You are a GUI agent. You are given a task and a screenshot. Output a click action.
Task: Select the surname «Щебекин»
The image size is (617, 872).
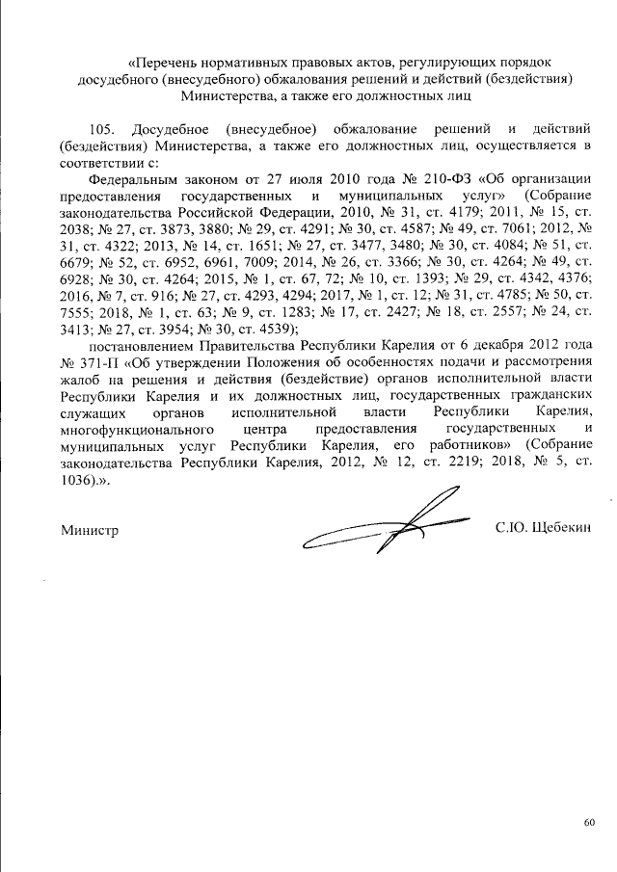[558, 527]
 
